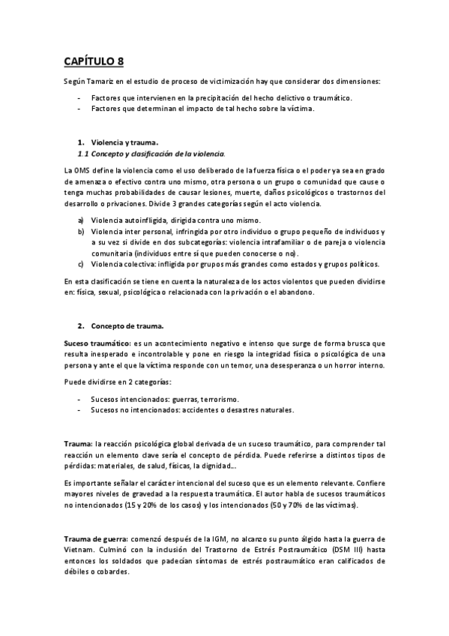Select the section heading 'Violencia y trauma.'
(x=124, y=142)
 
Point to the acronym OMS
(x=83, y=172)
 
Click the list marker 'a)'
(x=81, y=220)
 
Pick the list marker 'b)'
(x=81, y=232)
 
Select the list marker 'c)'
(x=81, y=264)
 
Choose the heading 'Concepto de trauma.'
(x=127, y=326)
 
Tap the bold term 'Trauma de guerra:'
(x=95, y=539)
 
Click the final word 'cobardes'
(x=112, y=571)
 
